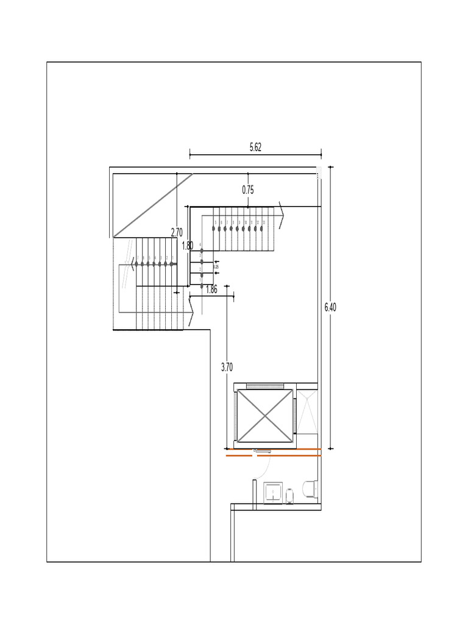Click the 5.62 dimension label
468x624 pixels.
point(255,147)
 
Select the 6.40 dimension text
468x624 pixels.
point(330,307)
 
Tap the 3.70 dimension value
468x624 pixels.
point(227,367)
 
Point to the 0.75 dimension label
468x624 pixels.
point(248,190)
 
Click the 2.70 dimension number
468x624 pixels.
point(177,232)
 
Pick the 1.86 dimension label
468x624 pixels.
point(211,290)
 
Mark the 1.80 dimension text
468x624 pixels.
point(188,246)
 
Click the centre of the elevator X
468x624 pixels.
point(264,416)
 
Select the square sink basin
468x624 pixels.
point(273,492)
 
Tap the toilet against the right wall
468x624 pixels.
point(310,489)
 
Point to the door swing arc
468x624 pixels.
point(266,466)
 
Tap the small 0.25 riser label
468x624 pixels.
point(216,267)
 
